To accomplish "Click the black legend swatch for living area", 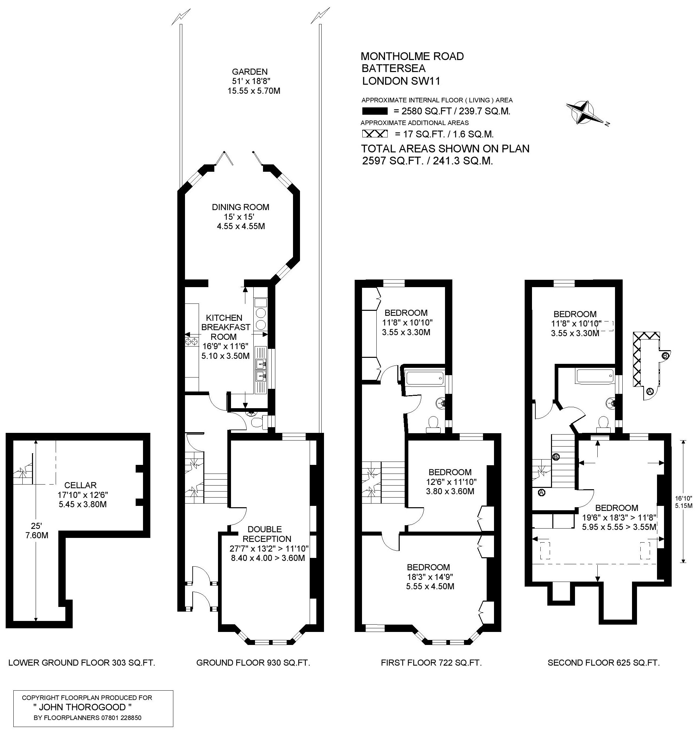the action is (375, 111).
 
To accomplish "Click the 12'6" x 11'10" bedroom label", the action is (450, 482).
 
